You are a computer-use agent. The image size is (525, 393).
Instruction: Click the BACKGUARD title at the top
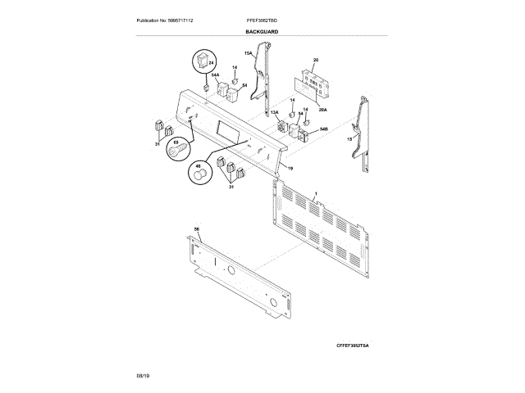click(262, 32)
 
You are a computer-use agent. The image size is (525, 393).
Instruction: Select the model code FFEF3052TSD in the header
click(262, 20)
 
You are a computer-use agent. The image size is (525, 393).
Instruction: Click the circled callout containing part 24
click(204, 61)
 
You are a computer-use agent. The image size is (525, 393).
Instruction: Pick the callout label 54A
click(216, 75)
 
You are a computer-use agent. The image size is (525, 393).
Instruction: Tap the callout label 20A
click(323, 109)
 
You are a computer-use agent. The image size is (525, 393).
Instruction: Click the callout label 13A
click(275, 112)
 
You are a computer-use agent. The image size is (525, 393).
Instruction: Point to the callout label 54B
click(324, 129)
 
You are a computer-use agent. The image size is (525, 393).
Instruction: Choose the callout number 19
click(290, 168)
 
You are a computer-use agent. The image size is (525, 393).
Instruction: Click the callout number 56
click(196, 228)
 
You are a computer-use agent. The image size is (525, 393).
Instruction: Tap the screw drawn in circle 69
click(175, 152)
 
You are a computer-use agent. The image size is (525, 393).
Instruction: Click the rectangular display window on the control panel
click(223, 129)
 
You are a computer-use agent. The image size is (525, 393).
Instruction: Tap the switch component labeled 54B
click(305, 136)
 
